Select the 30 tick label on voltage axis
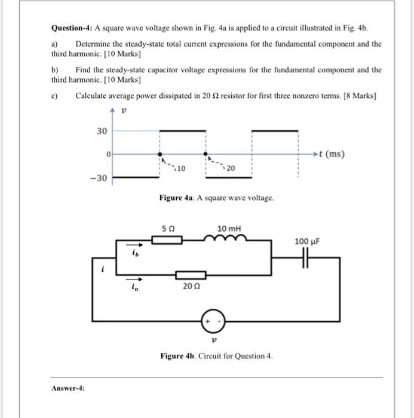coord(102,131)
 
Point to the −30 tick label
coord(99,178)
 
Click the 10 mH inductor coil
coord(226,238)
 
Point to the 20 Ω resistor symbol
coord(191,275)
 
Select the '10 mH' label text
coord(228,228)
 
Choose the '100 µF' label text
coord(308,241)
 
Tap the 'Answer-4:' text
coord(68,388)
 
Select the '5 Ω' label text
coord(168,228)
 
